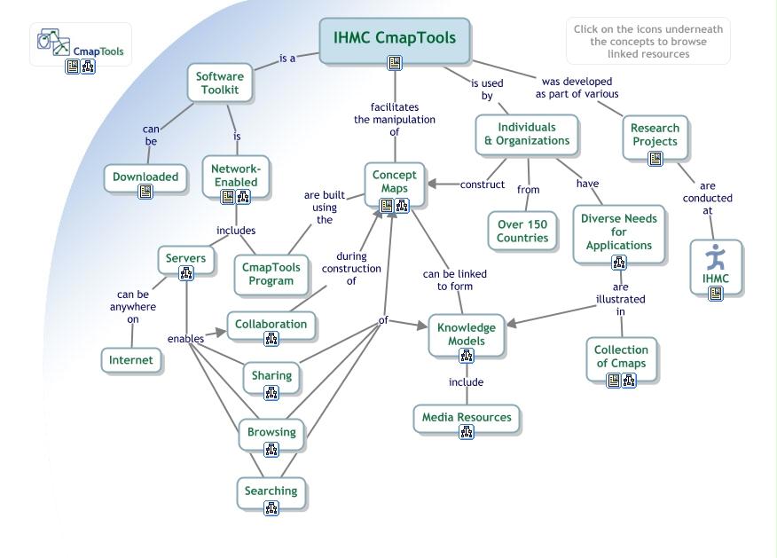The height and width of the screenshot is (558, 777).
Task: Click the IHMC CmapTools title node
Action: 394,39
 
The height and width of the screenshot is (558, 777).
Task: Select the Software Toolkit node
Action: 219,83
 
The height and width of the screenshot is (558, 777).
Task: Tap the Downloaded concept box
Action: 145,177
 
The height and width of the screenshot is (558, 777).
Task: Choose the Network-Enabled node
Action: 236,176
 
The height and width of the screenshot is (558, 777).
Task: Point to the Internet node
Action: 131,360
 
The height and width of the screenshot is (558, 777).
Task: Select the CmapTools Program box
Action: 271,274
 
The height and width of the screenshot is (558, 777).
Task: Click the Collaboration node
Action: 271,325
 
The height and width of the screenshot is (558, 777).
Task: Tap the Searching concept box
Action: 271,491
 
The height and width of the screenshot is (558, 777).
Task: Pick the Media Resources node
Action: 467,418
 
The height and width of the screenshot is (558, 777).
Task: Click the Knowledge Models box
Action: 467,334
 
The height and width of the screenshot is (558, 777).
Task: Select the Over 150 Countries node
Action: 522,231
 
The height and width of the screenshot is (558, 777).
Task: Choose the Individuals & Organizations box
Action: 527,134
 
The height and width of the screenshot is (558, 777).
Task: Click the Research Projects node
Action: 655,135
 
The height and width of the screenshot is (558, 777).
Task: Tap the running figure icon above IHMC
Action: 715,258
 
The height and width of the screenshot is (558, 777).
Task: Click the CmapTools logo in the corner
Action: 81,43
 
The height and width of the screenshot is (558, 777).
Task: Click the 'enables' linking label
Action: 186,338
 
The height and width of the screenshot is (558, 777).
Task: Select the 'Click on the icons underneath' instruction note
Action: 647,42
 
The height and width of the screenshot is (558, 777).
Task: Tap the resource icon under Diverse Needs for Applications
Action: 619,263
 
